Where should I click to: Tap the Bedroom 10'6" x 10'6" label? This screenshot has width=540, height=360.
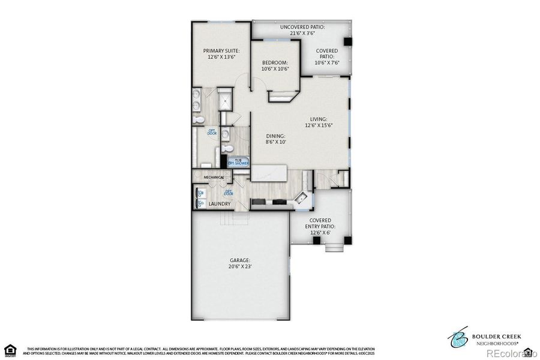275,65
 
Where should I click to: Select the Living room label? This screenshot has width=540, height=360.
319,122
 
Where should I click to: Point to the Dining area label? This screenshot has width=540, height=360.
276,139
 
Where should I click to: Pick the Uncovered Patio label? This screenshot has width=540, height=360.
302,30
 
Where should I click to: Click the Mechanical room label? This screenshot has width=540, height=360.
214,177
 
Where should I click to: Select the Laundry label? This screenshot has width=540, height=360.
220,204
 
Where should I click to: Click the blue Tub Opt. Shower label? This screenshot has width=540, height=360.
238,161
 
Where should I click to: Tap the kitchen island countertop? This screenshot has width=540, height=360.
269,173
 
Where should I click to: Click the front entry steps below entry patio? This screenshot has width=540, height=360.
331,247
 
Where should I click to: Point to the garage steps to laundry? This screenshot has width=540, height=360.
225,219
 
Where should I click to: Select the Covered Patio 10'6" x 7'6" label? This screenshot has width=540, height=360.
326,56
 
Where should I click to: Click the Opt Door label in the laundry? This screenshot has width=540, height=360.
229,193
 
